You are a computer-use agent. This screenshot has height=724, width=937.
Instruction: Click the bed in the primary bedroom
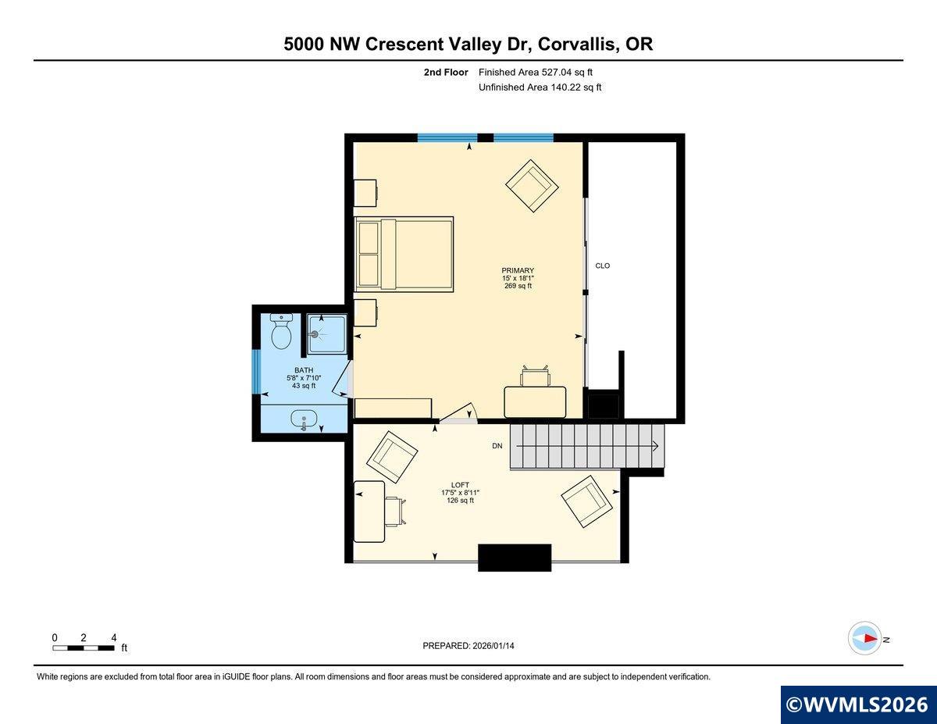[x=404, y=253]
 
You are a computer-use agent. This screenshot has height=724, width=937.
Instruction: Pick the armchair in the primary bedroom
[x=533, y=186]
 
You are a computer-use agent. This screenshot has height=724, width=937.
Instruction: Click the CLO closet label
[x=602, y=266]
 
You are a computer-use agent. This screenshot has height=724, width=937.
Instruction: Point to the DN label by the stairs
[x=497, y=446]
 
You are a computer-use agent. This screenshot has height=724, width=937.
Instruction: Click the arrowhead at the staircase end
[x=656, y=446]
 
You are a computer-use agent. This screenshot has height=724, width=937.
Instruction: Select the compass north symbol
[x=866, y=638]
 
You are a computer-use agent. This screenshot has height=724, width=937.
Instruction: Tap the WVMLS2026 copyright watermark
[x=858, y=704]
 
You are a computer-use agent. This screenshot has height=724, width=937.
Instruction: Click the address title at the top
[x=468, y=45]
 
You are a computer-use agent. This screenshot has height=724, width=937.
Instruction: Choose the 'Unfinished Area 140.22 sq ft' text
[x=540, y=87]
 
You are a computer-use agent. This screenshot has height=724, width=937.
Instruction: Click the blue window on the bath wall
[x=255, y=372]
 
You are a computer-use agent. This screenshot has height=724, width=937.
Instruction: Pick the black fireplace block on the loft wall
[x=515, y=558]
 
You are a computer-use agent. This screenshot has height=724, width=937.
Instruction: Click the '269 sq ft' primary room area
[x=518, y=286]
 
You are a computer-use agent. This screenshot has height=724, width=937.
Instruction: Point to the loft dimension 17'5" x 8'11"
[x=460, y=493]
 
